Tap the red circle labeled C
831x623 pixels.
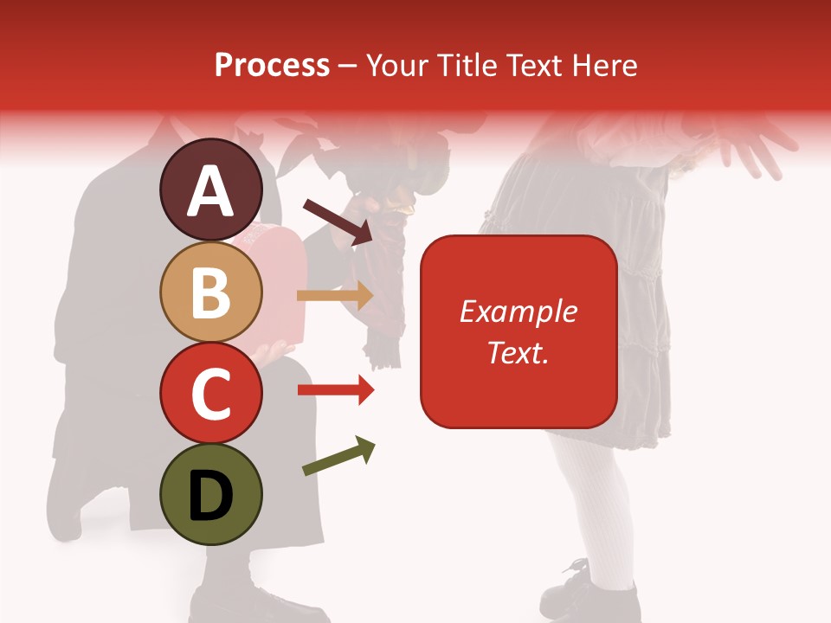(x=210, y=393)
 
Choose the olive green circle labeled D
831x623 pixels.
(x=210, y=494)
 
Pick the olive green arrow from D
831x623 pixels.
(x=338, y=456)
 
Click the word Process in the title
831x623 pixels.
(x=272, y=65)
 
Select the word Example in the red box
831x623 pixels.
(x=518, y=311)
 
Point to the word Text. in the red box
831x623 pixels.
(x=518, y=352)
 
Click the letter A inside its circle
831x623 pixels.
(x=210, y=192)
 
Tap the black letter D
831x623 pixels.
(x=210, y=496)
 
